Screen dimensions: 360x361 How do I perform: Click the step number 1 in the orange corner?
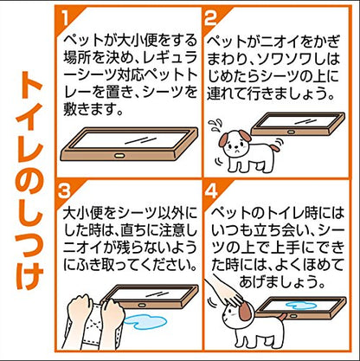point(66,19)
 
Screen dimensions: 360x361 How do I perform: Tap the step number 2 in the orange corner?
point(210,18)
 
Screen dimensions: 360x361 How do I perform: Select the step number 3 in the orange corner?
point(64,190)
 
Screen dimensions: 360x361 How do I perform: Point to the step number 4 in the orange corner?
point(211,190)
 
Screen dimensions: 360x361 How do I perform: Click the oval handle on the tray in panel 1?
point(119,156)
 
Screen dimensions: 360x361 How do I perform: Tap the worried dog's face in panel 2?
point(235,145)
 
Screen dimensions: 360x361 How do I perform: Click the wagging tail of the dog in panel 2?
point(275,147)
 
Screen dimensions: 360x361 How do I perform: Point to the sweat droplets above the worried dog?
point(215,125)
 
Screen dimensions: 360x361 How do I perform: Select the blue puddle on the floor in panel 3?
point(145,322)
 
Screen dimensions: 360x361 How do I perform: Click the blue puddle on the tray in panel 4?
point(301,306)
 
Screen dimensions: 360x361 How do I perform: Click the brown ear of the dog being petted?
point(245,311)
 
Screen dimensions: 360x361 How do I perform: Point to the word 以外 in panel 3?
point(171,214)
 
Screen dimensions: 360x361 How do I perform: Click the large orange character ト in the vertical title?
point(30,84)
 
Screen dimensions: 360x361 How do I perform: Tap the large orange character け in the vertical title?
point(30,275)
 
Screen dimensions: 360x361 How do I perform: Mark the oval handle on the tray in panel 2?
point(291,132)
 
